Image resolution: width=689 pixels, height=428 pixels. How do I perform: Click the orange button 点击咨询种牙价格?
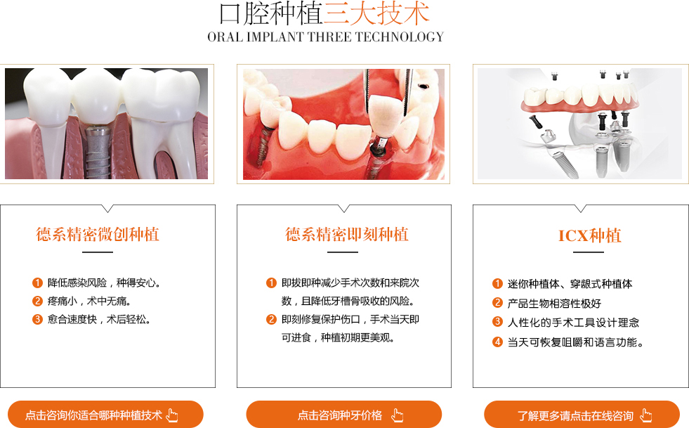pyautogui.click(x=343, y=415)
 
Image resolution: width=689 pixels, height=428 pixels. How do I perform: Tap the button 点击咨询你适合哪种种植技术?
pyautogui.click(x=105, y=415)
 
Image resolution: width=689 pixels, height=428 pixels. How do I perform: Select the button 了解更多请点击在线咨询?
pyautogui.click(x=582, y=415)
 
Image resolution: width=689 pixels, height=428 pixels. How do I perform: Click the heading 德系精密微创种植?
pyautogui.click(x=98, y=235)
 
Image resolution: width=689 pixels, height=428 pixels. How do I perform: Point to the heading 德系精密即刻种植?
pyautogui.click(x=347, y=235)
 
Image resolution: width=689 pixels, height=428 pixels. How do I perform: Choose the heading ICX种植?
pyautogui.click(x=590, y=235)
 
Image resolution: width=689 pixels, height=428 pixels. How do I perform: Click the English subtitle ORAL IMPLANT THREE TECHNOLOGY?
pyautogui.click(x=326, y=37)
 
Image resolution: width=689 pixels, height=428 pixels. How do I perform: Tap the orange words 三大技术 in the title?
pyautogui.click(x=376, y=13)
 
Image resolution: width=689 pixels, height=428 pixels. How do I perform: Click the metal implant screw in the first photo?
pyautogui.click(x=98, y=152)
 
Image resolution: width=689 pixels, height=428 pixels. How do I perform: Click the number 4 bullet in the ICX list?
pyautogui.click(x=497, y=342)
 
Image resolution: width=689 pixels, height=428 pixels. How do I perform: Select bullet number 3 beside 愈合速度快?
pyautogui.click(x=37, y=319)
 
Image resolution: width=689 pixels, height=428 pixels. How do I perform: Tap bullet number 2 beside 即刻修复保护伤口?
pyautogui.click(x=271, y=319)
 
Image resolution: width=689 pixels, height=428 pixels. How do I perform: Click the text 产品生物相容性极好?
pyautogui.click(x=554, y=304)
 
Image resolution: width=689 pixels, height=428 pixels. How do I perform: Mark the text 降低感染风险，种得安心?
pyautogui.click(x=104, y=283)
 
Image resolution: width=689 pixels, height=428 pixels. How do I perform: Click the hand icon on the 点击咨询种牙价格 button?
pyautogui.click(x=398, y=415)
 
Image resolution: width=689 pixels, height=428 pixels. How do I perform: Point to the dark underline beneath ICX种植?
pyautogui.click(x=589, y=252)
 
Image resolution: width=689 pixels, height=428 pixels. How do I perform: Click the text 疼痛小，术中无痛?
pyautogui.click(x=89, y=301)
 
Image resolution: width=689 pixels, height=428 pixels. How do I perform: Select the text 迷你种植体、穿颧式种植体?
pyautogui.click(x=570, y=284)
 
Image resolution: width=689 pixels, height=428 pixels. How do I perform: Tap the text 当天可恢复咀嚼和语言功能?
pyautogui.click(x=575, y=342)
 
